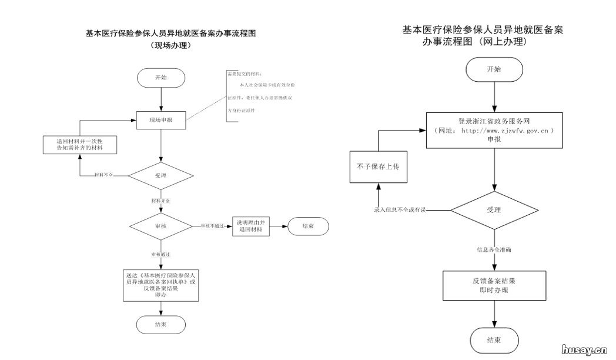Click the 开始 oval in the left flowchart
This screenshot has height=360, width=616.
161,78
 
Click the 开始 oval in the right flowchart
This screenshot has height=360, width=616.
494,69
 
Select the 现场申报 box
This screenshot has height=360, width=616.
161,120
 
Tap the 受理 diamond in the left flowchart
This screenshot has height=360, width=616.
161,175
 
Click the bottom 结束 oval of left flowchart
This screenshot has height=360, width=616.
161,324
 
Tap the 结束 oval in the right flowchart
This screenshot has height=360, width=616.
494,340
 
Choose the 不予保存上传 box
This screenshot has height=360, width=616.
378,167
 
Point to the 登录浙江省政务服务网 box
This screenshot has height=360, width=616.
494,131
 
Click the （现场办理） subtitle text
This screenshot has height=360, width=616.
170,45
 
